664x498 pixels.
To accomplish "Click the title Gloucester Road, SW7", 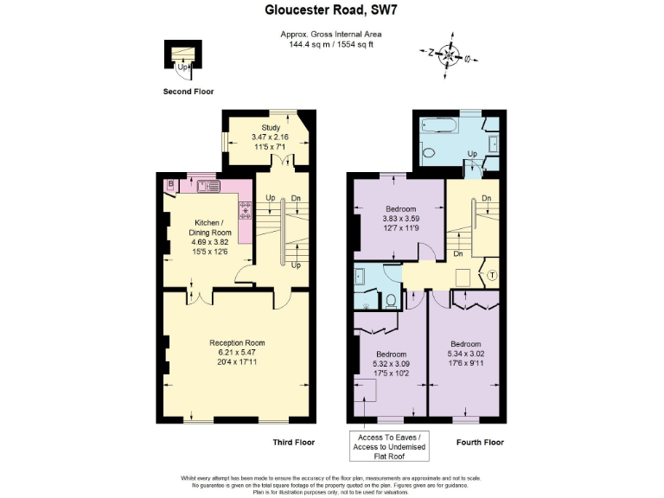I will [331, 11].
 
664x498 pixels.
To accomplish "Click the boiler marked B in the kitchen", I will [172, 183].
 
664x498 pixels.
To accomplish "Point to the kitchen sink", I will [208, 184].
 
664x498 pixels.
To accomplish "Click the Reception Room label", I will [236, 342].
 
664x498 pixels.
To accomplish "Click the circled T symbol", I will [492, 276].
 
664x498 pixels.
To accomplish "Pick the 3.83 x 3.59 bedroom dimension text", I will [400, 219].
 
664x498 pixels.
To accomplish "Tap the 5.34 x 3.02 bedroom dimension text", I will [466, 353].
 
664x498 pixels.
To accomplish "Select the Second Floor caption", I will [188, 91].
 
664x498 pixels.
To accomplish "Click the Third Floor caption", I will [293, 442].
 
